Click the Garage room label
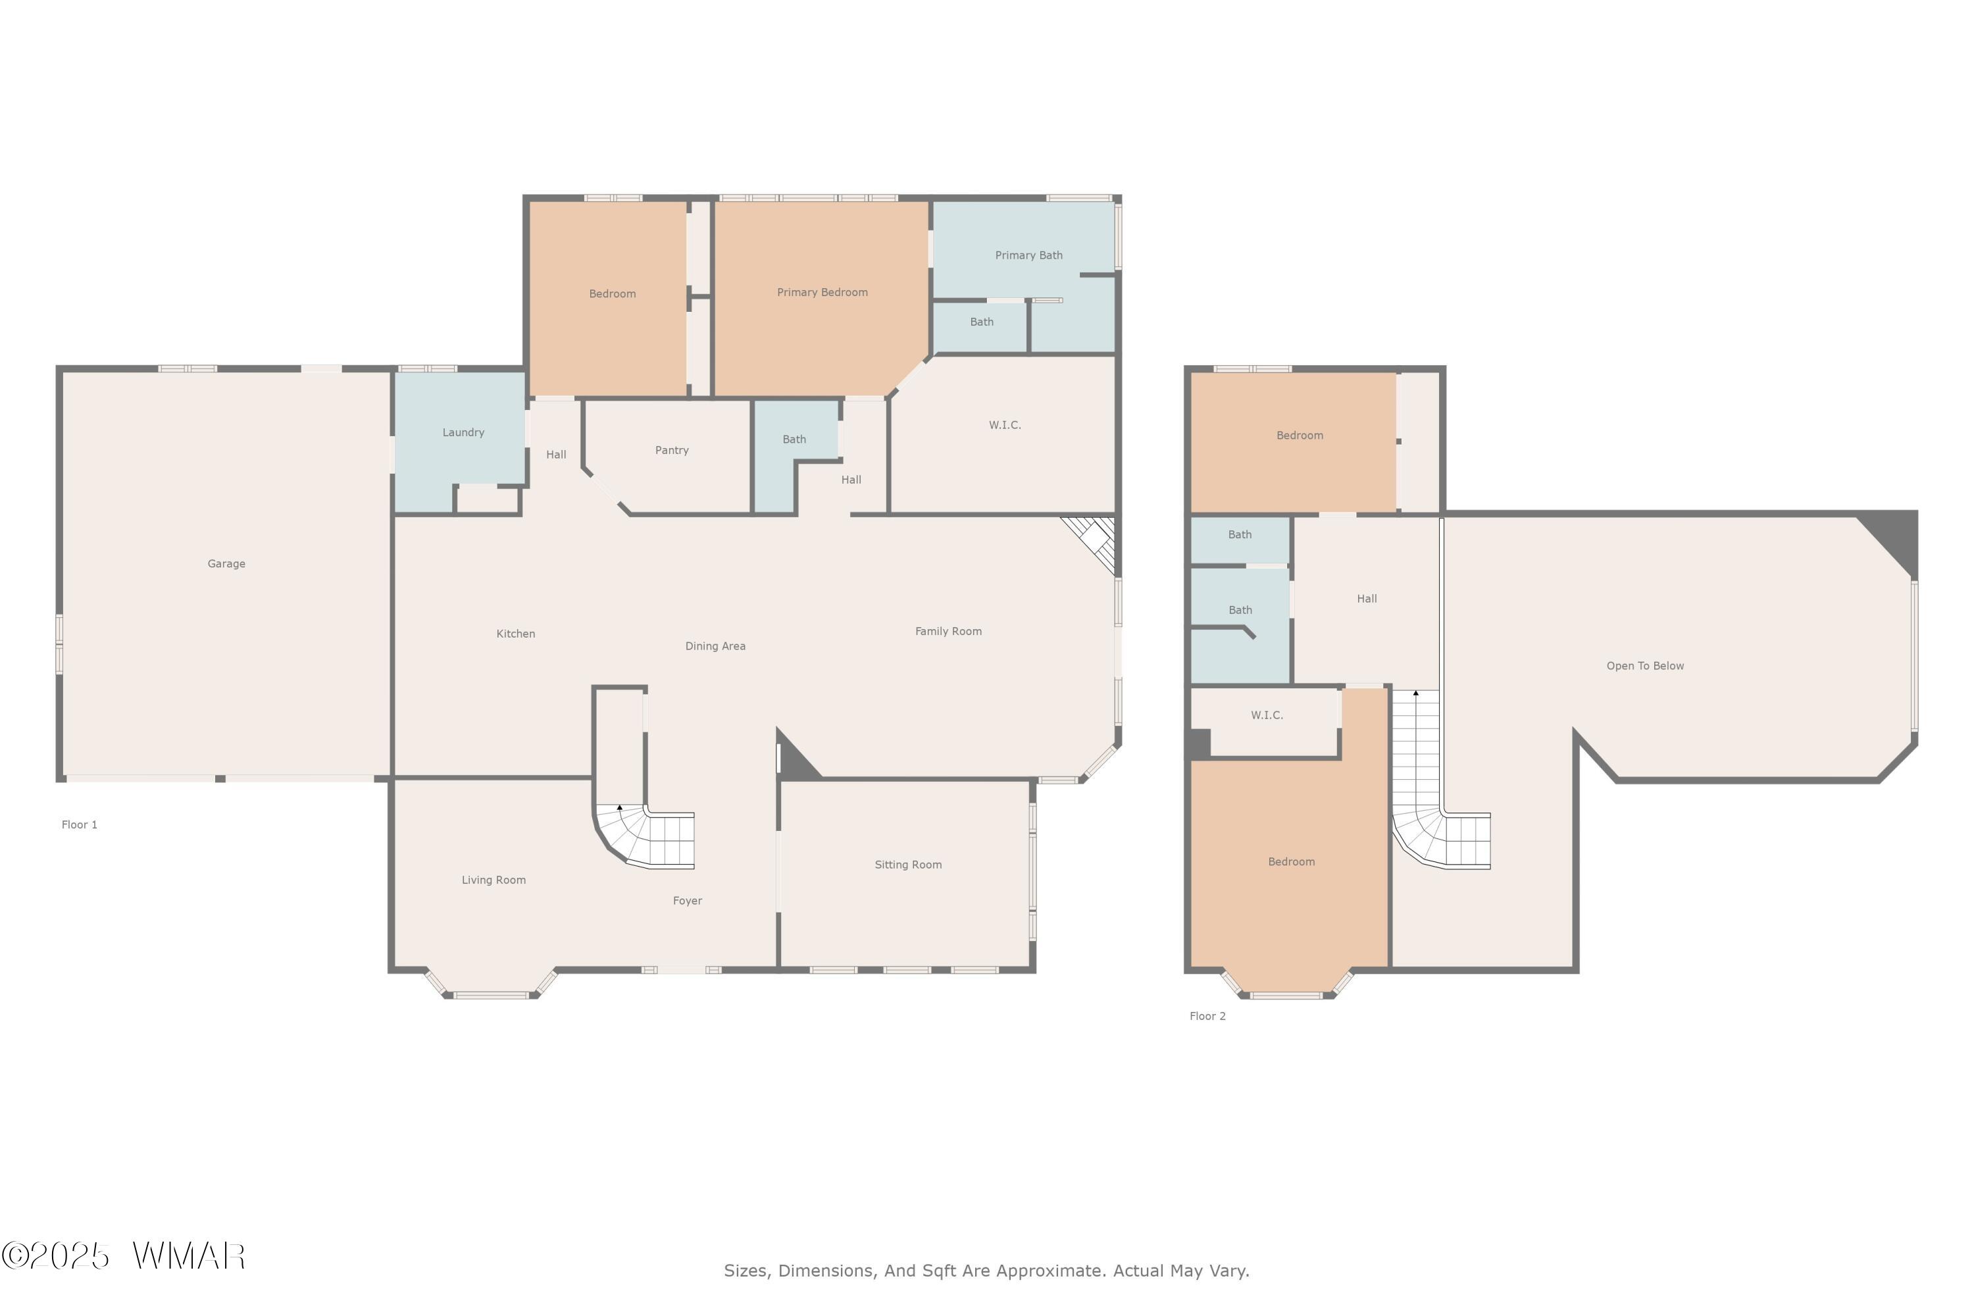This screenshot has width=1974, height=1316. [x=226, y=564]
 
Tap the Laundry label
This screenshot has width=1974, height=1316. [x=463, y=432]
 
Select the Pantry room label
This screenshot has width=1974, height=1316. [x=671, y=450]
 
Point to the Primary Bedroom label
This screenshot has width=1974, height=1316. [x=822, y=292]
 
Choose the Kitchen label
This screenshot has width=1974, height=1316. [x=515, y=634]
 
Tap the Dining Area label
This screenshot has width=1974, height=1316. [x=715, y=646]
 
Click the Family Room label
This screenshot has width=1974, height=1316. [x=948, y=631]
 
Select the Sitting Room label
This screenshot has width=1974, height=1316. [x=907, y=865]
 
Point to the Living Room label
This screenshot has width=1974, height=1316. [x=493, y=880]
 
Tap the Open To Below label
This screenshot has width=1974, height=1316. [x=1644, y=665]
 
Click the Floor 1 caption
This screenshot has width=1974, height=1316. [x=79, y=824]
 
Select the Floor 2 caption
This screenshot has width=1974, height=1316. [x=1207, y=1015]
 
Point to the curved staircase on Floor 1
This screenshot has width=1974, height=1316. [x=645, y=838]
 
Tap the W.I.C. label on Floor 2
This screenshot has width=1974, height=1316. [x=1267, y=715]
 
